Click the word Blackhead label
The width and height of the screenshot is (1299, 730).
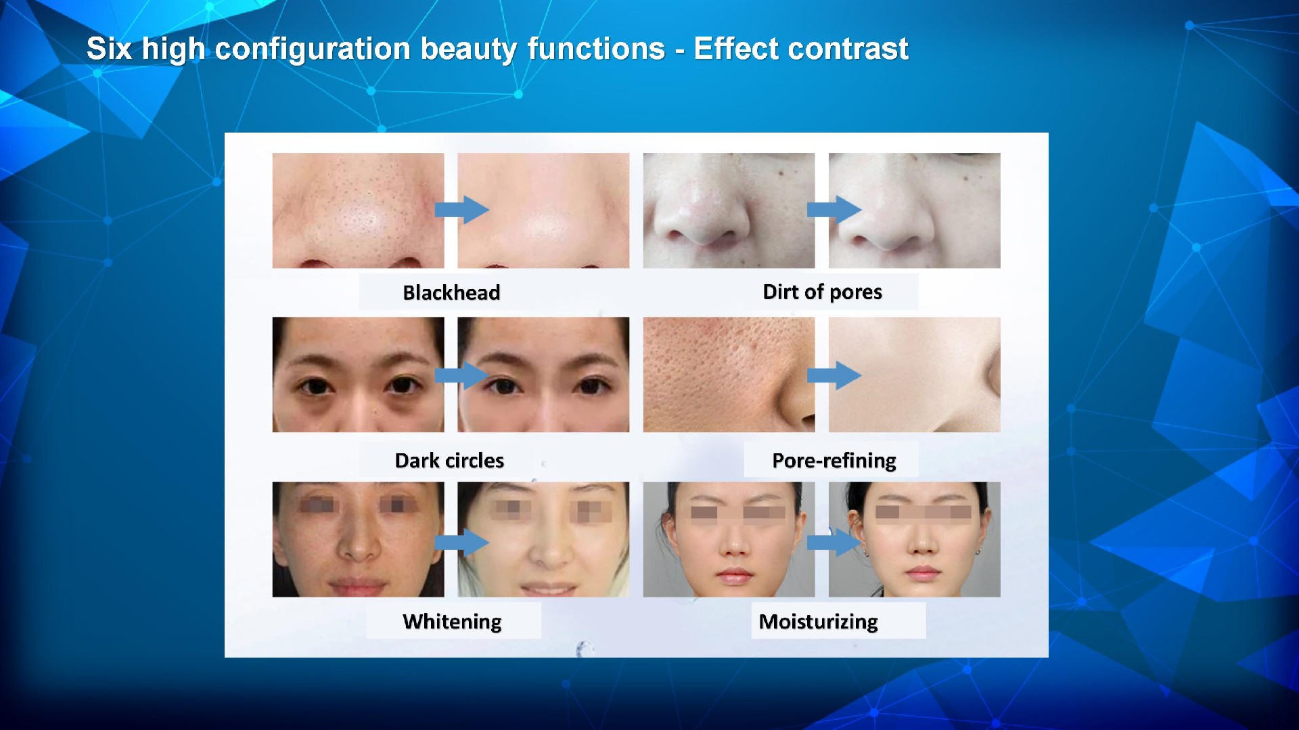point(451,292)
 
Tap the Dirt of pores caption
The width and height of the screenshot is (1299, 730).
point(822,292)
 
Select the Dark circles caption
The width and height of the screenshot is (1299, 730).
point(449,460)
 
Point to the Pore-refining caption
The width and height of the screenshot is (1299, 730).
point(834,460)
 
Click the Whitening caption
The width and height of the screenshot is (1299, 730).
point(452,621)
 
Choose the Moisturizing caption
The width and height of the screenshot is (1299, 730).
point(818,621)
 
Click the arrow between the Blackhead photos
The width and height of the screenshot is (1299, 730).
point(461,210)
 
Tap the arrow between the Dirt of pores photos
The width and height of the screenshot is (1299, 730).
point(834,210)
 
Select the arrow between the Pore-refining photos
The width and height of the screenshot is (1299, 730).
point(834,375)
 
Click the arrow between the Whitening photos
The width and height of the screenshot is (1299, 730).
point(461,542)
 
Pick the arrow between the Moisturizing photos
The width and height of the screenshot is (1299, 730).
point(834,542)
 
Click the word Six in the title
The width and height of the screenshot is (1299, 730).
point(109,49)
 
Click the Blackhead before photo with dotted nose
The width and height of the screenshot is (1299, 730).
point(358,210)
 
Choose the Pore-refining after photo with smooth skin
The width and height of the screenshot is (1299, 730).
point(914,375)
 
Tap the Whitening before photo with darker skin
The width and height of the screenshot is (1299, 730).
point(358,539)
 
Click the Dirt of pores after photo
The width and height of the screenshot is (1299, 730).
point(914,210)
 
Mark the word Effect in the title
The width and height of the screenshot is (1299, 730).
point(736,49)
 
